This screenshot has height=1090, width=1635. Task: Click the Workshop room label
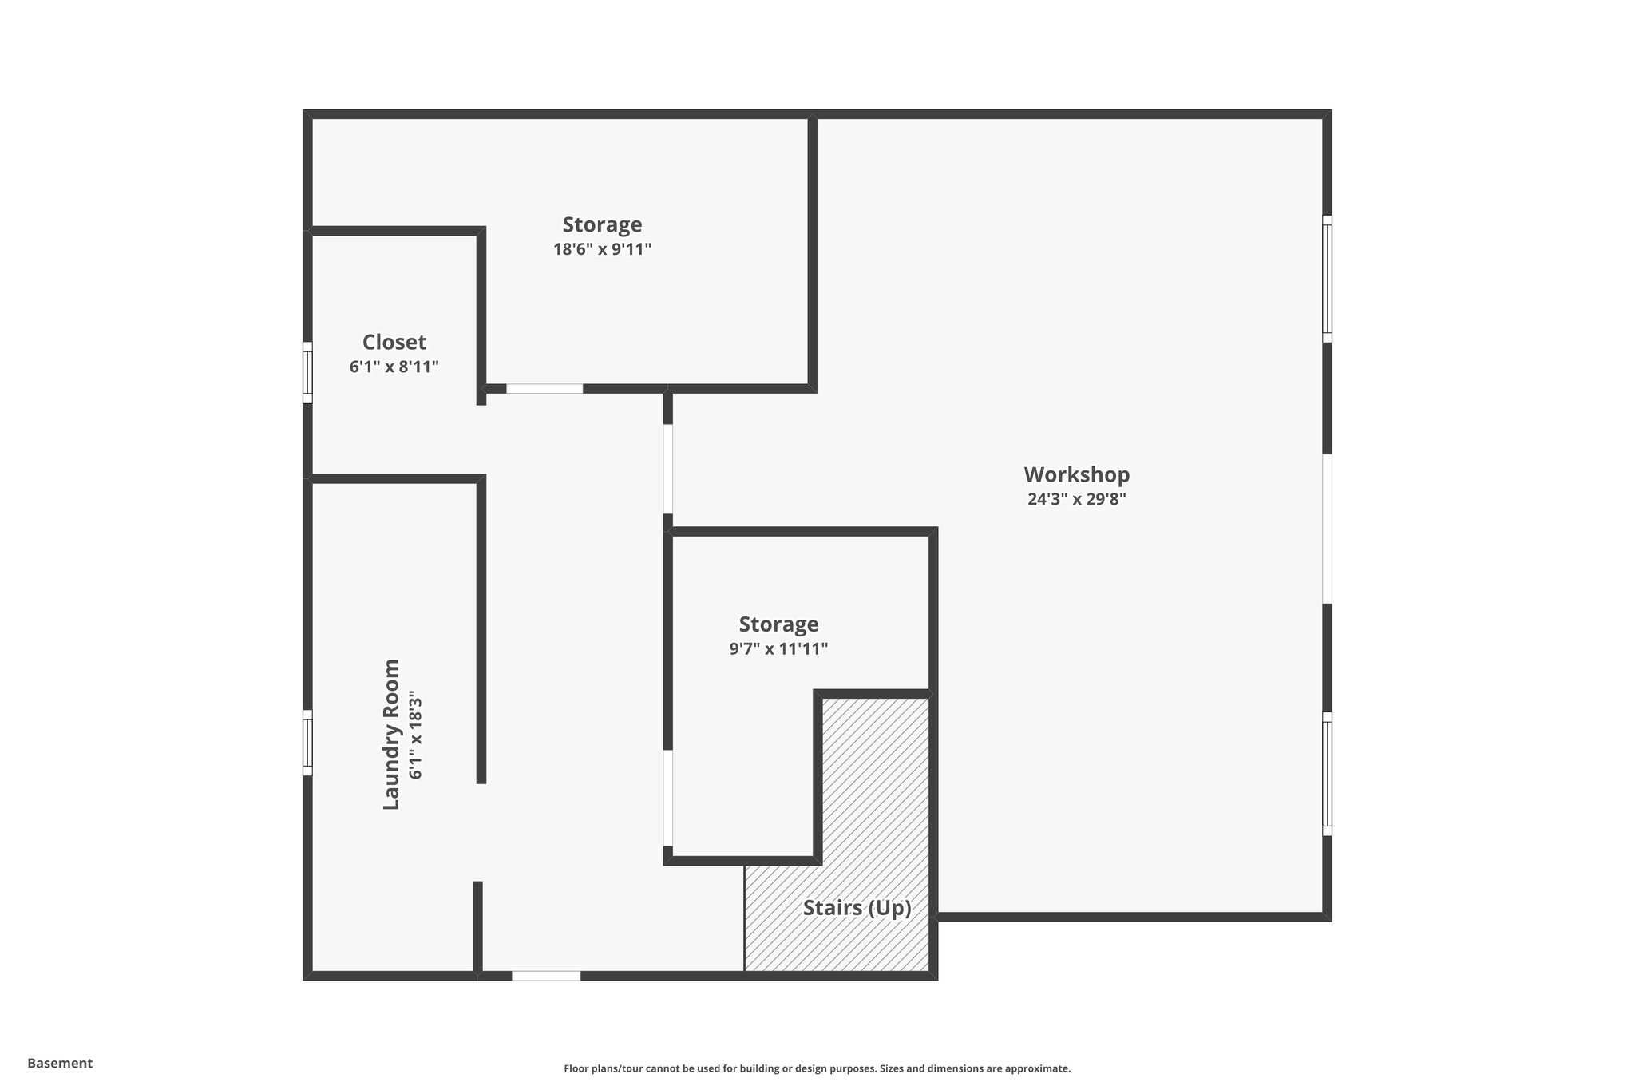click(1076, 474)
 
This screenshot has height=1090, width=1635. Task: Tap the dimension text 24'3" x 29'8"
click(1076, 500)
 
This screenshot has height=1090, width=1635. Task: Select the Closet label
click(394, 342)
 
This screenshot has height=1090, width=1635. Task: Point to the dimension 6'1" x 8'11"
click(394, 367)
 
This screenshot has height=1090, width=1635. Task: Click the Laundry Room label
click(390, 734)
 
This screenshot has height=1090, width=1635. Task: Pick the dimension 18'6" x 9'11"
click(602, 249)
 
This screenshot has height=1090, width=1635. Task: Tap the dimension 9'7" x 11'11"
click(778, 649)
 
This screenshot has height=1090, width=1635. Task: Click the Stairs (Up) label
click(857, 908)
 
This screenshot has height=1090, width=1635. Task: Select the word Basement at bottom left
click(60, 1063)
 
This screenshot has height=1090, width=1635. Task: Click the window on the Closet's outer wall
click(307, 372)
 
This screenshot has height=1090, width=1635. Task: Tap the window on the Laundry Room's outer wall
click(307, 743)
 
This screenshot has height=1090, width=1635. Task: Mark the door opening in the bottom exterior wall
click(545, 975)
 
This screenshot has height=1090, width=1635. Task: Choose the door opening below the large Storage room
click(544, 389)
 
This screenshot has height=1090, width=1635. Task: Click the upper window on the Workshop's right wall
click(1327, 278)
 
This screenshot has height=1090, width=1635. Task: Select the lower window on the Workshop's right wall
click(1327, 773)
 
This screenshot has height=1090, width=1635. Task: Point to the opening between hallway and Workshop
click(668, 469)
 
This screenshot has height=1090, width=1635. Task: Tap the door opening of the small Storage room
click(668, 797)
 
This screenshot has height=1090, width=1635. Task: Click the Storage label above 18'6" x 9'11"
click(602, 224)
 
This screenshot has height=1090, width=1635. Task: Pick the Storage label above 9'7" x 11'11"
click(778, 624)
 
